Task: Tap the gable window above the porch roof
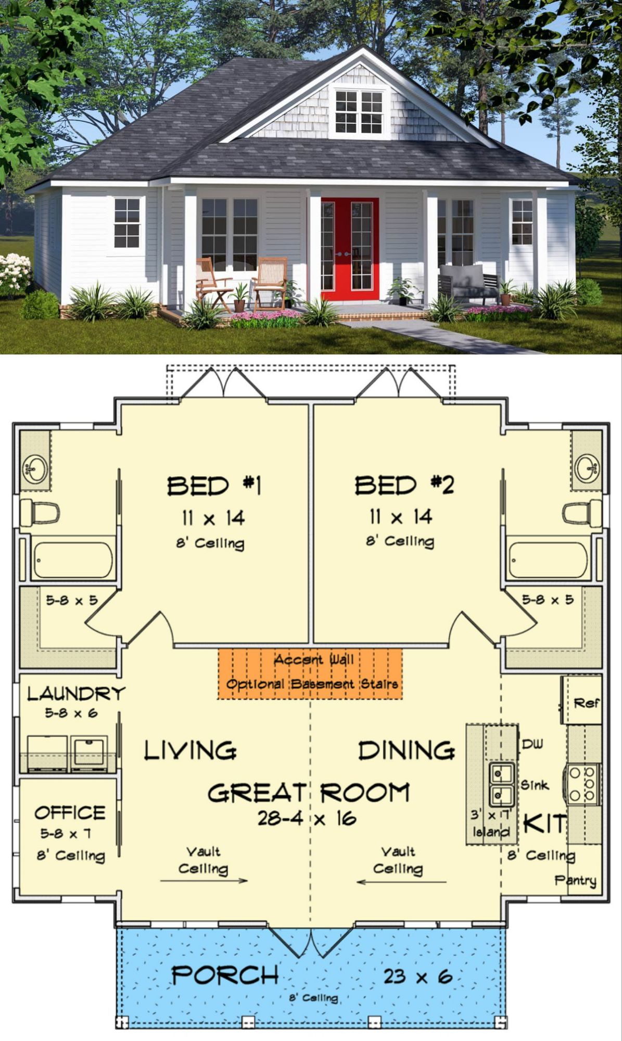tap(359, 111)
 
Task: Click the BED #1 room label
tap(214, 486)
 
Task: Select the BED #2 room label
tap(404, 485)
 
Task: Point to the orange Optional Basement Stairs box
tap(310, 674)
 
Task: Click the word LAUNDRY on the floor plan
tap(76, 693)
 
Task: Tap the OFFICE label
tap(70, 813)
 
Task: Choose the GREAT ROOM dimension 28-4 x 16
tap(307, 819)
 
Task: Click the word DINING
tap(407, 751)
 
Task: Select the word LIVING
tap(190, 751)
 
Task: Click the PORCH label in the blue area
tap(225, 975)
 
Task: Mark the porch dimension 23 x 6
tap(418, 976)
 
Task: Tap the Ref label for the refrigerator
tap(587, 703)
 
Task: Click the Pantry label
tap(575, 881)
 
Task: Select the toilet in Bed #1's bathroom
tap(40, 513)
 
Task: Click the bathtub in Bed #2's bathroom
tap(548, 560)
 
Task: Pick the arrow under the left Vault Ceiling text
tap(204, 881)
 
